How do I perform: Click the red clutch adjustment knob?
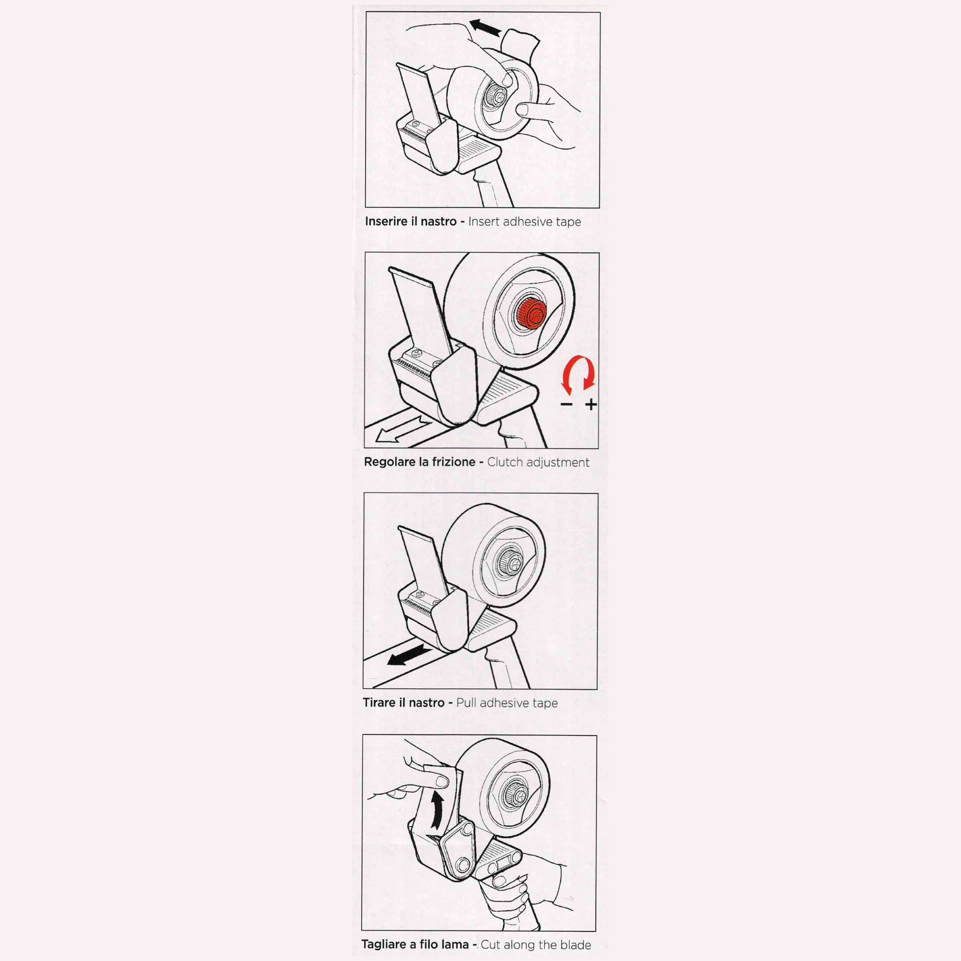pyautogui.click(x=531, y=314)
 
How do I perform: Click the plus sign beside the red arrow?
pyautogui.click(x=591, y=404)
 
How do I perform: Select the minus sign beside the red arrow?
pyautogui.click(x=567, y=404)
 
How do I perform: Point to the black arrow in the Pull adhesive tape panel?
pyautogui.click(x=409, y=655)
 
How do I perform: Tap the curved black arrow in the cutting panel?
pyautogui.click(x=437, y=810)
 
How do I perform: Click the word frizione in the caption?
pyautogui.click(x=453, y=462)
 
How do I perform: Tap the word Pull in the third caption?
pyautogui.click(x=466, y=703)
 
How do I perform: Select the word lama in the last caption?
pyautogui.click(x=454, y=945)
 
